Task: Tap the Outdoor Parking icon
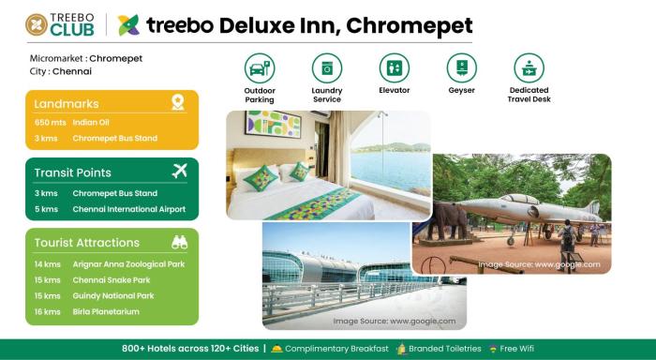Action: (260, 67)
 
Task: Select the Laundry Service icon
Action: (327, 67)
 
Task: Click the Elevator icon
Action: (395, 67)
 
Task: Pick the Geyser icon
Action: (462, 67)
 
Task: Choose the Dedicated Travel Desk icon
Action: (529, 67)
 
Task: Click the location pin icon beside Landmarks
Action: (178, 102)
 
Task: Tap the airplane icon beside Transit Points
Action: (180, 171)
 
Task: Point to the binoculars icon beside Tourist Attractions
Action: (179, 242)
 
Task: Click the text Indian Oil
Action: (92, 123)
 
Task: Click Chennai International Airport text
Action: (129, 209)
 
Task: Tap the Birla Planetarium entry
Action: (108, 311)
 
